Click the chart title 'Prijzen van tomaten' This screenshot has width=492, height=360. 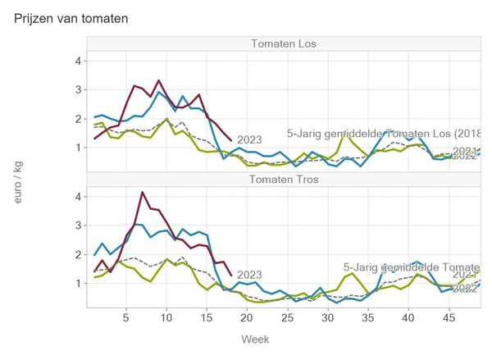(71, 17)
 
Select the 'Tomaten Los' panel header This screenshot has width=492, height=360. (284, 43)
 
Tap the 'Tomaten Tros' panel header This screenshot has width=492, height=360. (284, 180)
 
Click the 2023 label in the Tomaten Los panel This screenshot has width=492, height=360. (249, 140)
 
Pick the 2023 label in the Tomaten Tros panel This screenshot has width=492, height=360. (249, 276)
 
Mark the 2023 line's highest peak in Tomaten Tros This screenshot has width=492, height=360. (143, 193)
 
